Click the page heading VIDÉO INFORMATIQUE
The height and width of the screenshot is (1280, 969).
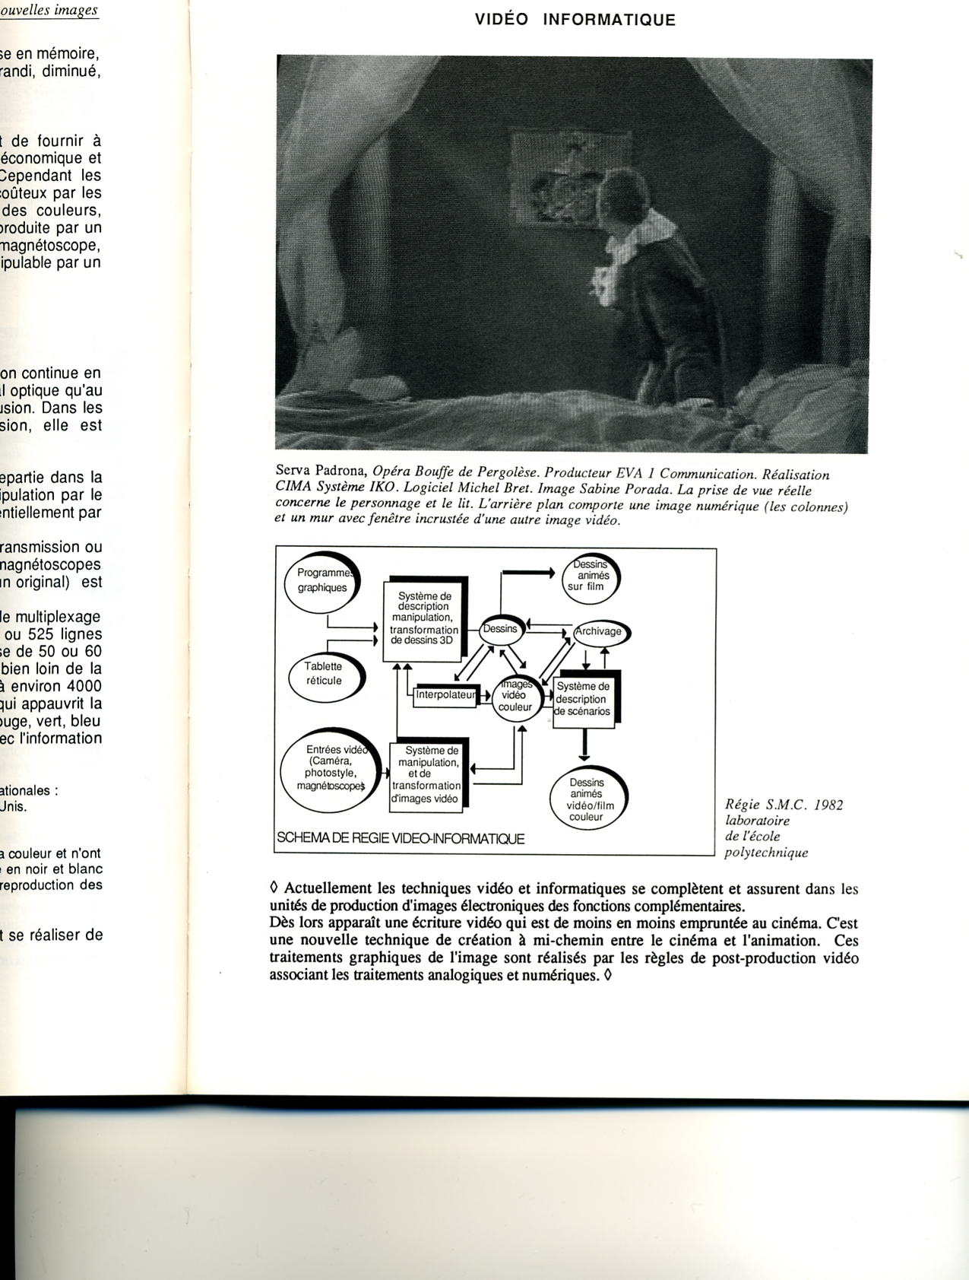coord(575,21)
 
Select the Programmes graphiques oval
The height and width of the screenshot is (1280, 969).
coord(322,582)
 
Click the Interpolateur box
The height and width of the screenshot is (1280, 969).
coord(445,694)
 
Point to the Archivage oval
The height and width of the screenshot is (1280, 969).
coord(600,631)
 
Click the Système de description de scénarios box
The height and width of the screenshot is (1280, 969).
coord(583,699)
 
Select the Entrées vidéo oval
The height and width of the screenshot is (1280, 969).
coord(330,768)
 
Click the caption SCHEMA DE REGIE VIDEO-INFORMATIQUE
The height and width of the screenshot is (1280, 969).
coord(401,839)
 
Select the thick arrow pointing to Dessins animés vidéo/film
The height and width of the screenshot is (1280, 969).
coord(584,745)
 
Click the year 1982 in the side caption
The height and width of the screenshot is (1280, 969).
coord(828,805)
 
